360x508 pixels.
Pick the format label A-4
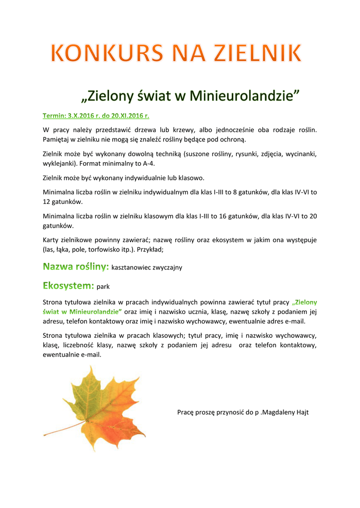(x=155, y=163)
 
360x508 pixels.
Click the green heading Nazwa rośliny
(x=76, y=267)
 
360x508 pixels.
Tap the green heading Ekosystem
(x=69, y=286)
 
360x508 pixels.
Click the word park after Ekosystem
(x=103, y=287)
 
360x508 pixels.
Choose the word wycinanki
(x=300, y=154)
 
